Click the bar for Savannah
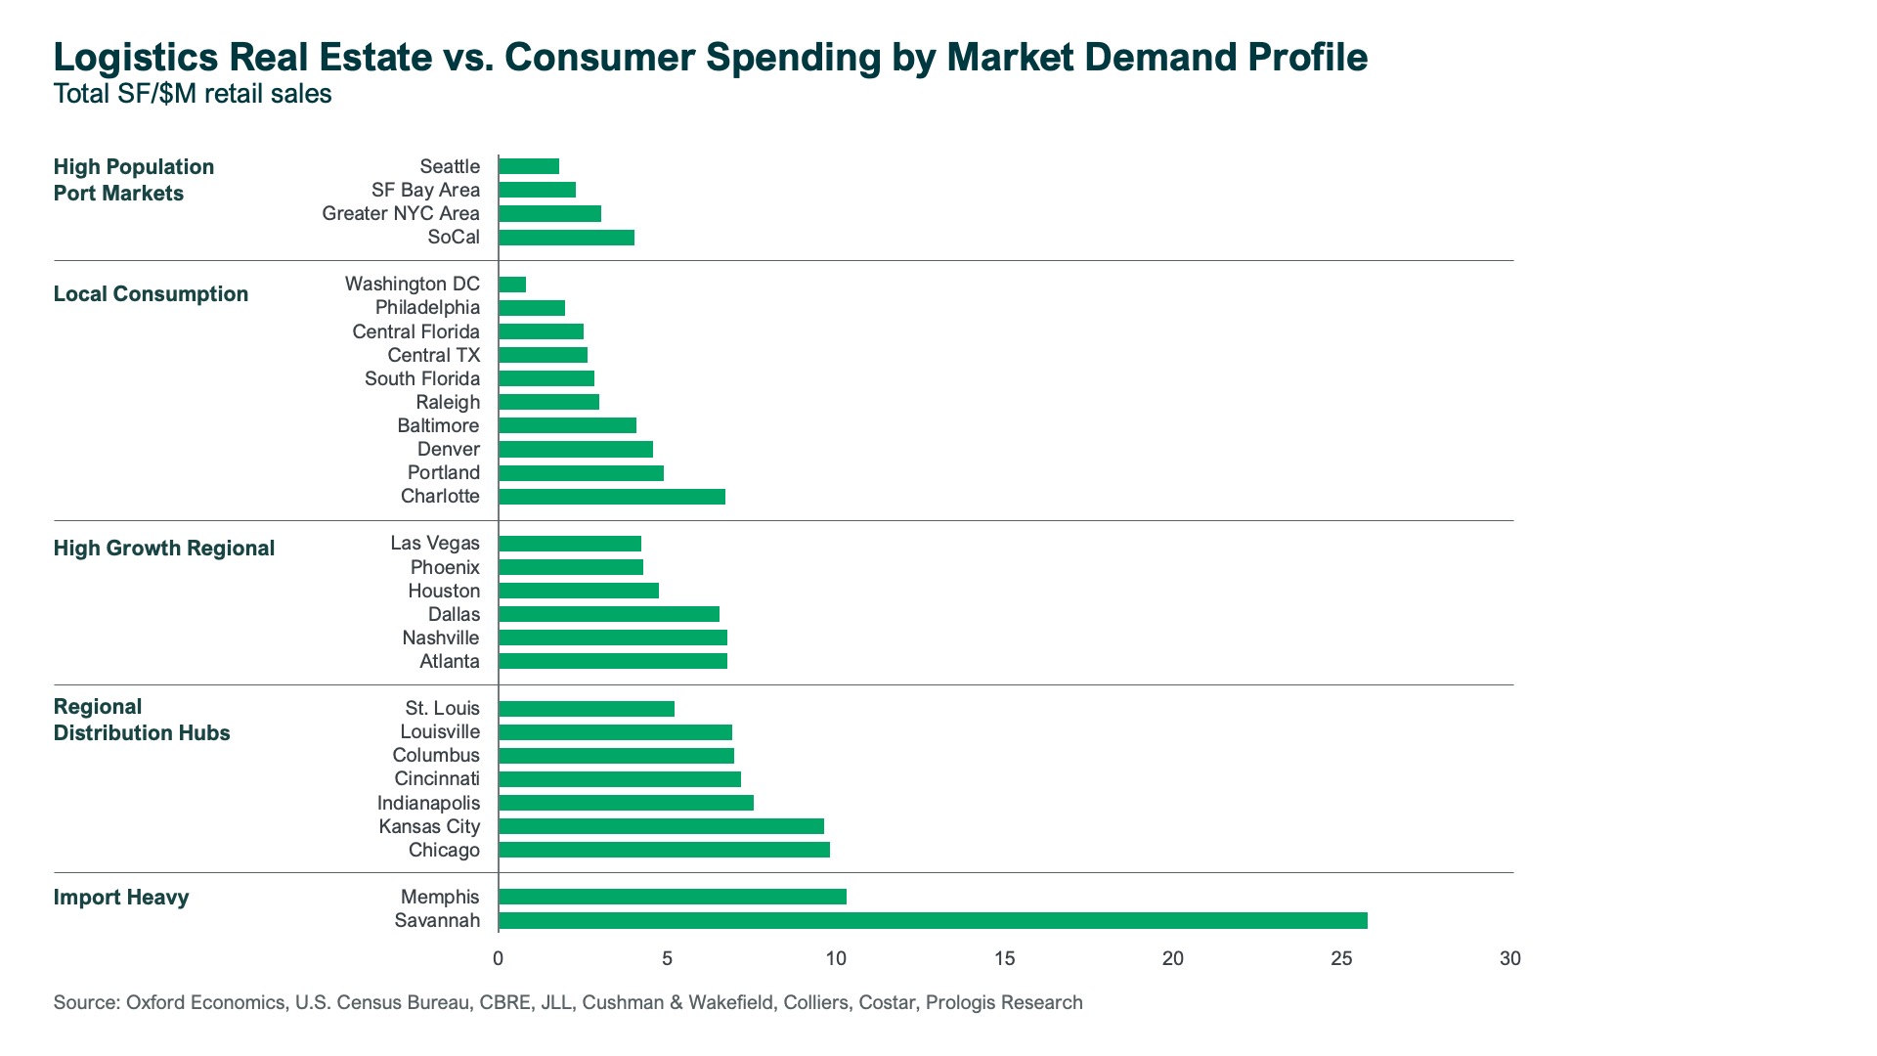(933, 920)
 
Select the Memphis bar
(673, 897)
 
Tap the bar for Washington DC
(512, 285)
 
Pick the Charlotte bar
(612, 497)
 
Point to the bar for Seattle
(529, 166)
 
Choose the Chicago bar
(664, 850)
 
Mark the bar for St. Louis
(587, 709)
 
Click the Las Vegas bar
(570, 544)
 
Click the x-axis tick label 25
(1341, 958)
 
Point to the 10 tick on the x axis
(836, 958)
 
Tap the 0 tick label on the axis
(499, 958)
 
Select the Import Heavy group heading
(121, 898)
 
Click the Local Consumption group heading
(151, 294)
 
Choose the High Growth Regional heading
(164, 549)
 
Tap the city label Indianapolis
(428, 803)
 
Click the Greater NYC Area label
(401, 213)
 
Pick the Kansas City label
(429, 826)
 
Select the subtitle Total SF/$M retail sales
(193, 94)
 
